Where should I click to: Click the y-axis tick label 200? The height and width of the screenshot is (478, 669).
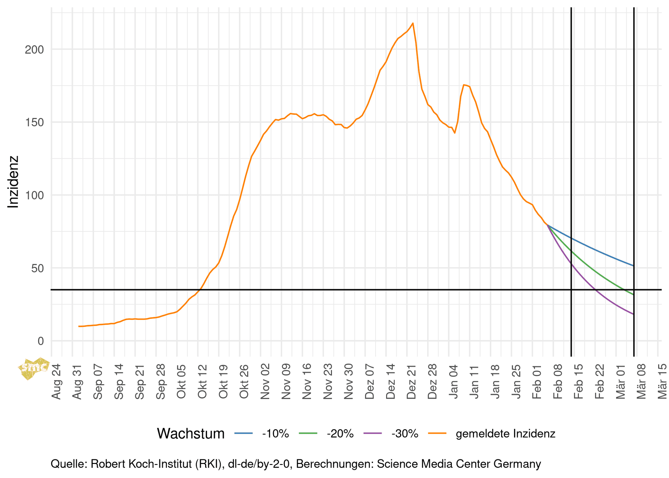point(34,50)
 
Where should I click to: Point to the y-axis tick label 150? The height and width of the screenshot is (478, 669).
point(34,123)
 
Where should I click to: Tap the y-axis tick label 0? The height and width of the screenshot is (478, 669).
point(41,341)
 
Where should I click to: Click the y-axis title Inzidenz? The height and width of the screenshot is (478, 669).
point(13,182)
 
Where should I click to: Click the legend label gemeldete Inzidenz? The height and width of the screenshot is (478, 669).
point(505,434)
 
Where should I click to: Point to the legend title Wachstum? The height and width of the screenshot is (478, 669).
point(191,434)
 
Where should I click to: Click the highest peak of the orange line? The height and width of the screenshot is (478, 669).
point(413,23)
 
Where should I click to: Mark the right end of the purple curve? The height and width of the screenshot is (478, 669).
point(633,314)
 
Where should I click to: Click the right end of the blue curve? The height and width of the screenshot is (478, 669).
point(633,266)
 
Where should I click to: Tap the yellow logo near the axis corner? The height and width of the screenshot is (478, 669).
point(34,368)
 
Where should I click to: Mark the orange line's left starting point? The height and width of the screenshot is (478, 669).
point(79,326)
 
